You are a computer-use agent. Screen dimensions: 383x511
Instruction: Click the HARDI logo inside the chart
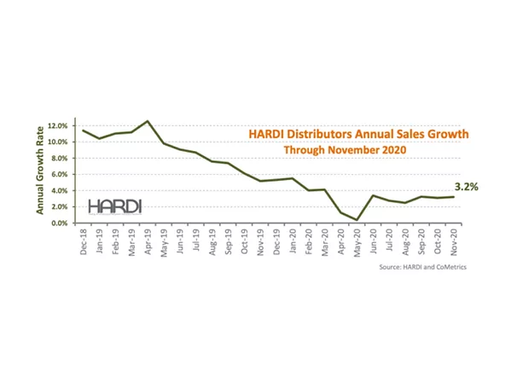point(115,206)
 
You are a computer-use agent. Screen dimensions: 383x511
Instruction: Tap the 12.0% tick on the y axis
point(58,125)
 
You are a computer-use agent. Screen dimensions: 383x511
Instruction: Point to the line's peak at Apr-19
point(148,120)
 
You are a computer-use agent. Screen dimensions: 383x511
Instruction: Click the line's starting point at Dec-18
point(83,130)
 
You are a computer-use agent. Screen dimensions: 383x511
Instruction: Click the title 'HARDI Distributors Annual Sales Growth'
point(358,134)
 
